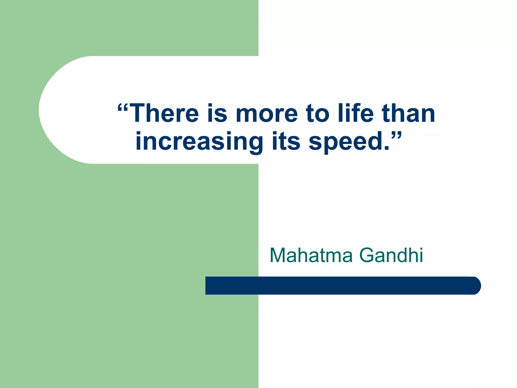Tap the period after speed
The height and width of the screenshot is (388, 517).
tap(386, 148)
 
